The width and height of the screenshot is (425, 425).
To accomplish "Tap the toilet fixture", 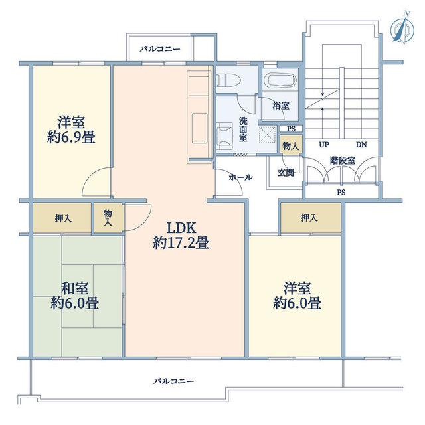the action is pos(228,80).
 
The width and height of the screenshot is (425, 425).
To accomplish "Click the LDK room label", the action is pos(181,235).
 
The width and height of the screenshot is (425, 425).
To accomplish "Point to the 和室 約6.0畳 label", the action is pos(74,296).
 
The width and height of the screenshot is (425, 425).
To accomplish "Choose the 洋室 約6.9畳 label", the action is pos(71,129).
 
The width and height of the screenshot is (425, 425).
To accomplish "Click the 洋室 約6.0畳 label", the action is pos(297,296).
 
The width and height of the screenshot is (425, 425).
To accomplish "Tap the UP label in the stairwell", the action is pos(323,145).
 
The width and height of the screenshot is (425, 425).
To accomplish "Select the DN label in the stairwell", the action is pos(361,145).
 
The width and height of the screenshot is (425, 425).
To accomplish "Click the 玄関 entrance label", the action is pos(286,173).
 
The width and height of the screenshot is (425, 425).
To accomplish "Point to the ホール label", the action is pos(241,177).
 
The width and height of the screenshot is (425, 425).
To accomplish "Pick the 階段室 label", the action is pos(343,161).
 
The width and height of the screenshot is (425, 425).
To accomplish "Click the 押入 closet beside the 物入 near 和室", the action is pos(62,218).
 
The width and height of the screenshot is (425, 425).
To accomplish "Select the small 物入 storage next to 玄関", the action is pos(291,145).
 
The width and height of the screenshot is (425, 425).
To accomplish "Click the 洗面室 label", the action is pos(243,129).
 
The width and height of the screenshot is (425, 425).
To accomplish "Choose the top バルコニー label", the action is pos(160,49).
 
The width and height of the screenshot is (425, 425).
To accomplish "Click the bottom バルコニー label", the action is pos(174,381).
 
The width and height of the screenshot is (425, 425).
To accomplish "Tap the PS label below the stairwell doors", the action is pos(341,193).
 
